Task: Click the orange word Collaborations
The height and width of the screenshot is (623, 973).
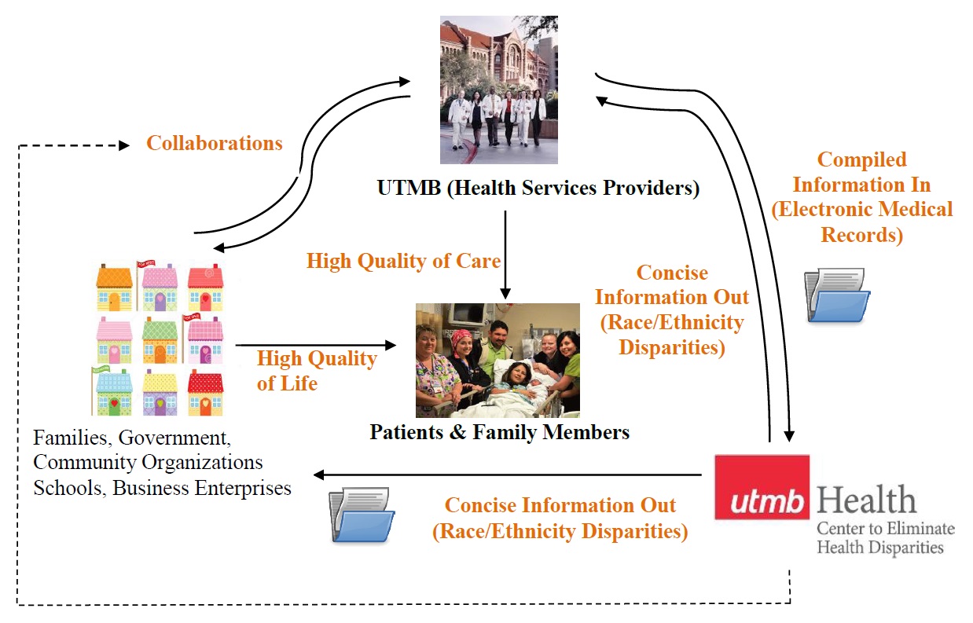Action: tap(214, 144)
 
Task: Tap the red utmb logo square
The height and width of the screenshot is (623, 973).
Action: tap(762, 487)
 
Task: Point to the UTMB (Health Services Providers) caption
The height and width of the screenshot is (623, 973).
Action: tap(538, 189)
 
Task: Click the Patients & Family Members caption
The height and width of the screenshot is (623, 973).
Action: tap(499, 432)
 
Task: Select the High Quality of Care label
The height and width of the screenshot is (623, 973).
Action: tap(403, 261)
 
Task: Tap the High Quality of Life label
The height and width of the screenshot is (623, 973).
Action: tap(317, 371)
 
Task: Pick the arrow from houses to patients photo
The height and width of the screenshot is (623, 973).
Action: tap(314, 345)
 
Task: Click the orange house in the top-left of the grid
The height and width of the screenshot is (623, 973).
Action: tap(114, 288)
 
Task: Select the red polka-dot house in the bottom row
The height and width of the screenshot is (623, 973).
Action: tap(205, 393)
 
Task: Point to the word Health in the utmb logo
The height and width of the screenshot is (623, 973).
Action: tap(865, 500)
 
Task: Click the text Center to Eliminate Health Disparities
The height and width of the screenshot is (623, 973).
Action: tap(885, 537)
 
